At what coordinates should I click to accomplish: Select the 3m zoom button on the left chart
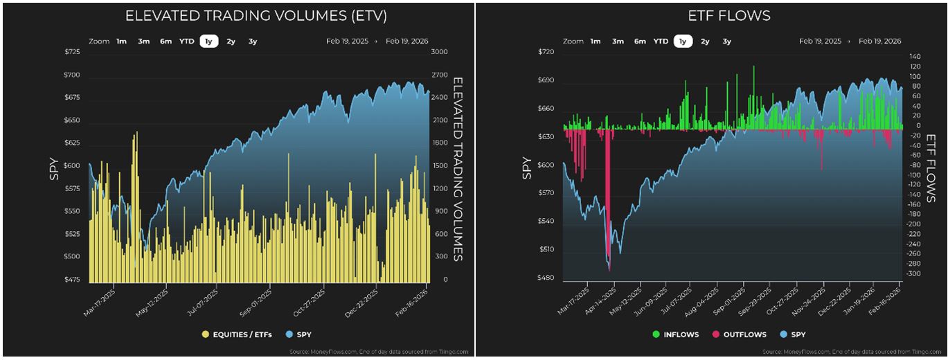point(143,41)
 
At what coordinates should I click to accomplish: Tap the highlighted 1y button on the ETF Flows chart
point(683,41)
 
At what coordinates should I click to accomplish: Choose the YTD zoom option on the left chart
point(187,41)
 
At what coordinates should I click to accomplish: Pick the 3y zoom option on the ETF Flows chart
point(726,41)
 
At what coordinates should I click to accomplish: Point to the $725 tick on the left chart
point(71,53)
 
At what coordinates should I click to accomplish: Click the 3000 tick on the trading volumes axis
point(440,53)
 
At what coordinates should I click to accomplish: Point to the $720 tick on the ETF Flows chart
point(547,53)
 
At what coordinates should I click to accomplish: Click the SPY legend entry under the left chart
point(299,334)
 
